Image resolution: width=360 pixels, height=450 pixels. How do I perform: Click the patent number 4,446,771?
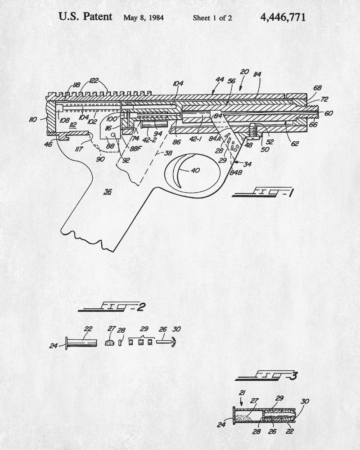click(x=283, y=18)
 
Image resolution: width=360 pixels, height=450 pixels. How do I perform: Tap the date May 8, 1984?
click(x=143, y=18)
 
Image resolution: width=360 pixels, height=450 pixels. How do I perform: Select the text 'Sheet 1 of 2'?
click(x=212, y=18)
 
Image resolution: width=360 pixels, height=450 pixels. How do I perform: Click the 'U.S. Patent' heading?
click(x=85, y=17)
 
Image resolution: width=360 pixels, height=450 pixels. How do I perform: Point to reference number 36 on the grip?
click(x=108, y=192)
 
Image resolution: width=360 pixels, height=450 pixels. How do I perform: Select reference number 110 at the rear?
click(x=33, y=120)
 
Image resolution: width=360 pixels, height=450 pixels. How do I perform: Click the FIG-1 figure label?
click(x=261, y=194)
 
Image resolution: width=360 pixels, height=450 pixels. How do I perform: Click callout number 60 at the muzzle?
click(x=328, y=113)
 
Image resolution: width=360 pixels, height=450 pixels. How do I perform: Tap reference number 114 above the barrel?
click(x=258, y=74)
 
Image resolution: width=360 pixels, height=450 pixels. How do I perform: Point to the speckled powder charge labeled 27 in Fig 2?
click(x=109, y=343)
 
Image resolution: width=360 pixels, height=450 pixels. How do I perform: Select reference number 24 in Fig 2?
click(x=54, y=346)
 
